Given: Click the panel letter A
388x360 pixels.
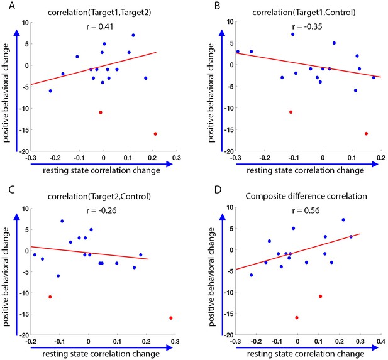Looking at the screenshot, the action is (x=11, y=6).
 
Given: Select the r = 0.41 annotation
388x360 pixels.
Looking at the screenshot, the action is (x=100, y=26).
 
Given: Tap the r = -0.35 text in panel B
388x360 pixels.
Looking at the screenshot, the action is (x=307, y=26).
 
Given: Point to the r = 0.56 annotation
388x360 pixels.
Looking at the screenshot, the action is (x=306, y=210).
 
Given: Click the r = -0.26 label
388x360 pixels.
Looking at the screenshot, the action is (x=101, y=210).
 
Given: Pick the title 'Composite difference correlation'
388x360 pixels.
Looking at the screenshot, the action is (x=306, y=196).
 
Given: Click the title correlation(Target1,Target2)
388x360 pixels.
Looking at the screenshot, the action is (x=99, y=13).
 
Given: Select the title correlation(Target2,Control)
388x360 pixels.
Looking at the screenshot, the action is (x=99, y=196).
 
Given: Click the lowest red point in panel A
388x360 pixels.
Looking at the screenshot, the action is (x=155, y=134).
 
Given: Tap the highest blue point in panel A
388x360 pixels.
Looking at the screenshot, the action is (x=133, y=35).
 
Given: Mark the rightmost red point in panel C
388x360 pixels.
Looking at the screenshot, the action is (x=171, y=318).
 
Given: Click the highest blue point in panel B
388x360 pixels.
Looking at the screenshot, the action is (x=293, y=35).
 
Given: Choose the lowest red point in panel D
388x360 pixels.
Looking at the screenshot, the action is (x=297, y=318).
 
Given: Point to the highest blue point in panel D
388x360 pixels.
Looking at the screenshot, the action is (x=343, y=220).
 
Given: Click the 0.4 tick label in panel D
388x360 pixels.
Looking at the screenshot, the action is (x=381, y=342).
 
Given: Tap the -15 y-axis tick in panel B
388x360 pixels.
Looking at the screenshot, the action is (x=229, y=129).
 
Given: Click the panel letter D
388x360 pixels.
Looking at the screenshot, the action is (x=218, y=190).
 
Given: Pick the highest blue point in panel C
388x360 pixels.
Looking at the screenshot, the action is (x=62, y=221).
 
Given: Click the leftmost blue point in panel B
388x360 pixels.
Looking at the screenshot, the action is (x=238, y=52).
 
